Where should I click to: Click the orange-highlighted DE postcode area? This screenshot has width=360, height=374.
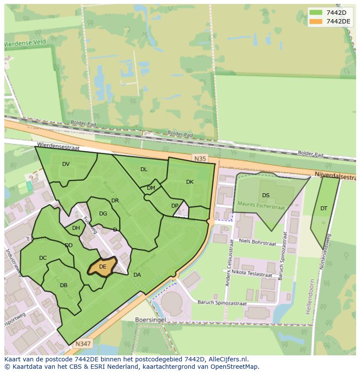click(103, 266)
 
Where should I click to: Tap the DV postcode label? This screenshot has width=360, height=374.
click(66, 164)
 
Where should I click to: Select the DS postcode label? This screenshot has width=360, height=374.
click(266, 195)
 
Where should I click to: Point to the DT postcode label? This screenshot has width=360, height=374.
click(324, 209)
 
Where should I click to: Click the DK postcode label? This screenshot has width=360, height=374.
click(190, 182)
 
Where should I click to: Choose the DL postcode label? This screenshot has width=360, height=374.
click(143, 169)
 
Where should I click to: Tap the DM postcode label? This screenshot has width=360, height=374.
click(151, 188)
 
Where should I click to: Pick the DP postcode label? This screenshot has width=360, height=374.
click(175, 206)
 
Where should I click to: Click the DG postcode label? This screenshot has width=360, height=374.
click(103, 214)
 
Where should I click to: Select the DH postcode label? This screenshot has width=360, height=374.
click(76, 228)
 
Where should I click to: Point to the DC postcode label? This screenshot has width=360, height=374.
click(43, 258)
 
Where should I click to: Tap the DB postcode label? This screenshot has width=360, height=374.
click(63, 285)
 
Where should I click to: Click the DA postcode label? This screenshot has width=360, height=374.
click(137, 275)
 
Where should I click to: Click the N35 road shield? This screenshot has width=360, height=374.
click(200, 159)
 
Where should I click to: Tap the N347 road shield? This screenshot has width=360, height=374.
click(83, 344)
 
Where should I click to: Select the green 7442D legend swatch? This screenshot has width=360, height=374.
click(316, 13)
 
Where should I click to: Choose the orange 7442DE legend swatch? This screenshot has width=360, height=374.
click(316, 22)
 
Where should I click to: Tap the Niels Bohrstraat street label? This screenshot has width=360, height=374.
click(257, 243)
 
